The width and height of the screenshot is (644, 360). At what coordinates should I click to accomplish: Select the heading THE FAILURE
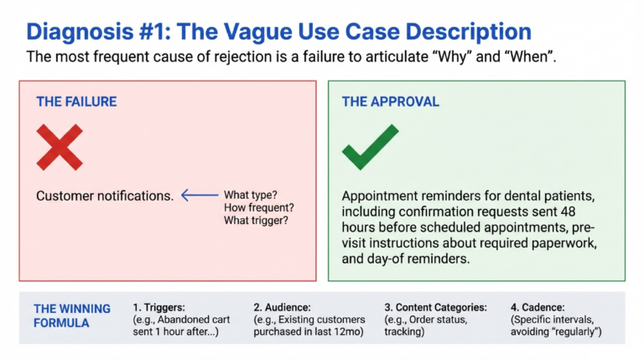click(x=76, y=102)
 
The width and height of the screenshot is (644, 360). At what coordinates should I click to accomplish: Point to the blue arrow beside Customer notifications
click(x=199, y=196)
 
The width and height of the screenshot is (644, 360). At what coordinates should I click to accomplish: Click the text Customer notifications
click(x=105, y=196)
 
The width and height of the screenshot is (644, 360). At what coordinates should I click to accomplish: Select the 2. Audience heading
click(x=283, y=307)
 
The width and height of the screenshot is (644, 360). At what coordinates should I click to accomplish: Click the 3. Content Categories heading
click(x=431, y=307)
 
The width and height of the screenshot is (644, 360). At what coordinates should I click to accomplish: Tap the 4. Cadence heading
click(x=538, y=307)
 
